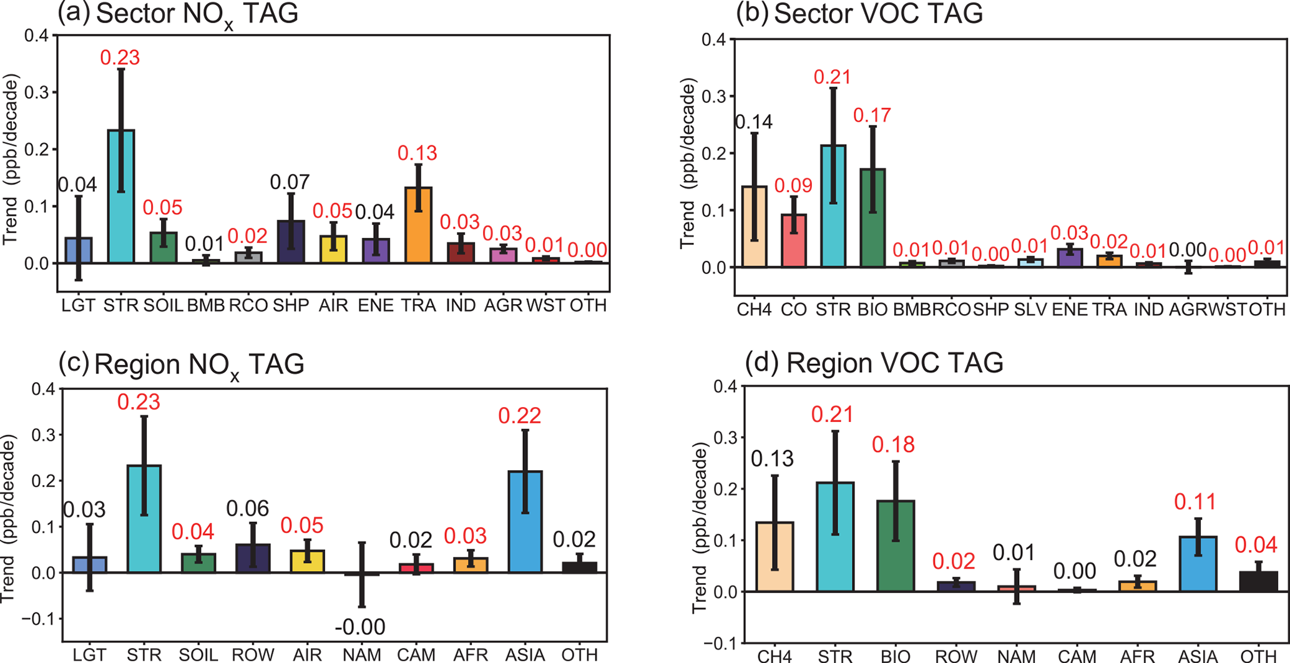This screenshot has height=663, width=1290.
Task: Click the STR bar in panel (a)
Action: (121, 197)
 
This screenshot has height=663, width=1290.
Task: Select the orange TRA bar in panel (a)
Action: (418, 225)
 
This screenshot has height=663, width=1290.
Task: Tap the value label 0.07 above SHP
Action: (290, 182)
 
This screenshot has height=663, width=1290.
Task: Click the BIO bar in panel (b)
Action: (872, 218)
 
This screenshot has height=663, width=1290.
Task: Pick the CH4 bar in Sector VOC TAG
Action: (754, 227)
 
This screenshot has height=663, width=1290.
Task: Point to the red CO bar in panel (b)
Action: (794, 241)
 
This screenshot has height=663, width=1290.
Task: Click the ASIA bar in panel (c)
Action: (525, 522)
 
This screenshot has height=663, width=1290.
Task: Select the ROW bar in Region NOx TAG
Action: (253, 558)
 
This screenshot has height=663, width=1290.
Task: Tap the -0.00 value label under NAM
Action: (360, 627)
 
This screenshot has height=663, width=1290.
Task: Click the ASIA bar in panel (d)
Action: (1198, 564)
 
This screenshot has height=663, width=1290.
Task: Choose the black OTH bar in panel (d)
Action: (1258, 581)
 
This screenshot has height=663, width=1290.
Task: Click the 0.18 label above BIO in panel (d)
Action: (893, 444)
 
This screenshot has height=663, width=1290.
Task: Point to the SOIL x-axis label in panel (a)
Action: (163, 305)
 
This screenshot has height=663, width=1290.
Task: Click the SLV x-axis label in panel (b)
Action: (1030, 309)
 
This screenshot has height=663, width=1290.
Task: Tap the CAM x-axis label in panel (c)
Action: (416, 654)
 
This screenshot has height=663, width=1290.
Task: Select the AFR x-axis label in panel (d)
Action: (1138, 656)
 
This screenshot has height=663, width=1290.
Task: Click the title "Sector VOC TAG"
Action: (878, 14)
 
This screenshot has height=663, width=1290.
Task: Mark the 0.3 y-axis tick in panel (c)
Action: (43, 435)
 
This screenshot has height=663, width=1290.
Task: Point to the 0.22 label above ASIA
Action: (519, 416)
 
